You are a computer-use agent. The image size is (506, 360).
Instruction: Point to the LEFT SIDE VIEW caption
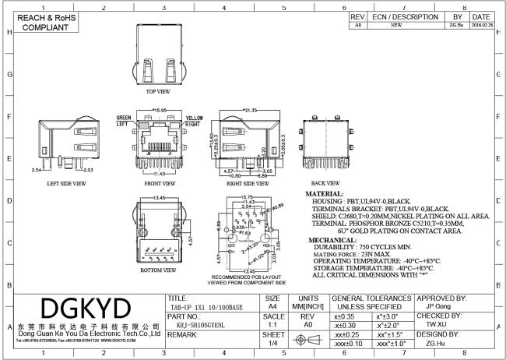[66, 183]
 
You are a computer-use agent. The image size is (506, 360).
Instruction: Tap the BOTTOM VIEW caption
[161, 270]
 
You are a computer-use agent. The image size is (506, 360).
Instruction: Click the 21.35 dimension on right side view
[251, 111]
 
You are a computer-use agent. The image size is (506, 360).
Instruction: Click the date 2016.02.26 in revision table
[480, 25]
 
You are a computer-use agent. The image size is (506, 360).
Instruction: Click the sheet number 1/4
[273, 342]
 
